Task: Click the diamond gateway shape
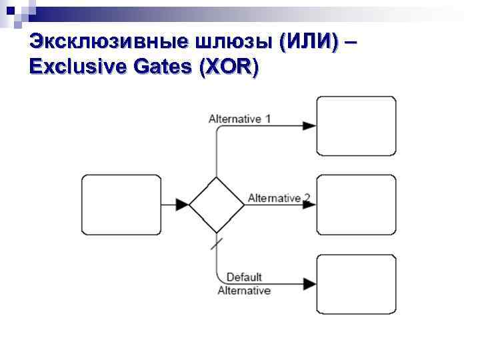(x=217, y=205)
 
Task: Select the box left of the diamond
(x=121, y=205)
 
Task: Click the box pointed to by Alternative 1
(x=356, y=126)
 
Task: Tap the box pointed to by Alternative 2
(x=356, y=205)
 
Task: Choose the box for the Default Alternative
(x=356, y=284)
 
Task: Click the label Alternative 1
(x=239, y=119)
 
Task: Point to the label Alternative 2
(x=279, y=198)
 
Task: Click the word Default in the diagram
(x=244, y=277)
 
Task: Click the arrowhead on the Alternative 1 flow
(x=309, y=126)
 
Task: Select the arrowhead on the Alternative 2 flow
(x=309, y=205)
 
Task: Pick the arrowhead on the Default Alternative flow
(x=309, y=284)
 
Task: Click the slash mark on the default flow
(x=217, y=243)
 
